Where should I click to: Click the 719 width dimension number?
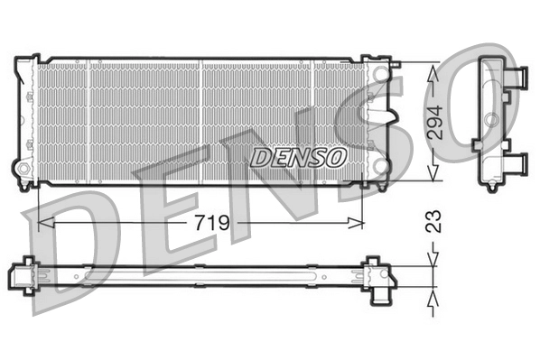tap(208, 221)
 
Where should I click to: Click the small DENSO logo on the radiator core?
tap(299, 157)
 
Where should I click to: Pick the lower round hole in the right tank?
tap(380, 168)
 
